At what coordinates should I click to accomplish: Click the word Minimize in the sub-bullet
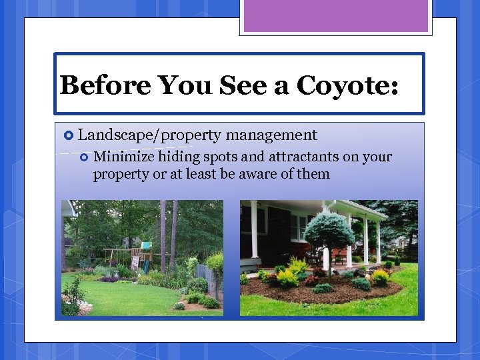click(124, 157)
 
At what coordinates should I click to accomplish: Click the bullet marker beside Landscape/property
click(67, 135)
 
